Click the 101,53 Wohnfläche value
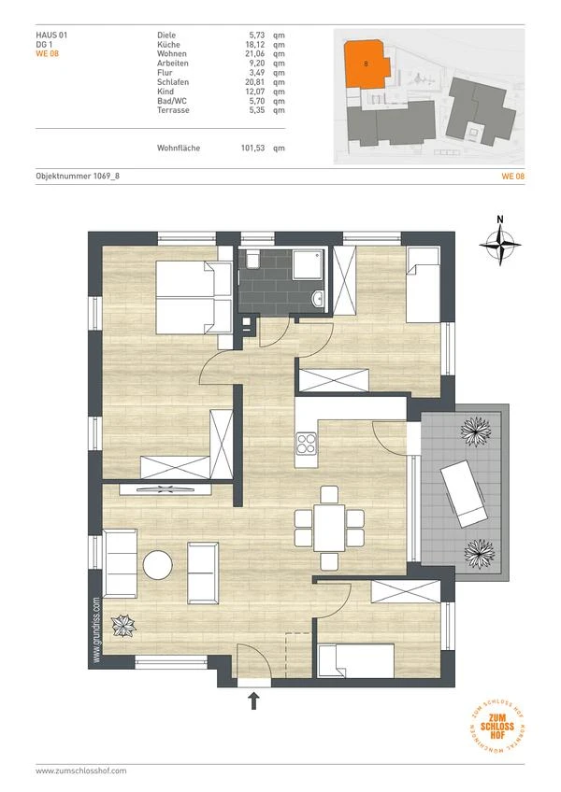tap(252, 148)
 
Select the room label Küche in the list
tap(168, 45)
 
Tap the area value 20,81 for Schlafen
tap(254, 82)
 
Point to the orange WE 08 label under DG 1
tap(47, 53)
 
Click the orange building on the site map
tap(366, 64)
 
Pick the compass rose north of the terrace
tap(500, 246)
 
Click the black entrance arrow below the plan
tap(254, 701)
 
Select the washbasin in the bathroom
tap(319, 298)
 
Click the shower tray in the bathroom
tap(308, 264)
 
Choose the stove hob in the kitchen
tap(306, 445)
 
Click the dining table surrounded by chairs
tap(329, 528)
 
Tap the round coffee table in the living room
tap(158, 565)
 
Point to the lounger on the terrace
tap(464, 493)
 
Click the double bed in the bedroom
tap(194, 298)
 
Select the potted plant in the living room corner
tap(123, 626)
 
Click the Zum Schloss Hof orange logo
tap(497, 727)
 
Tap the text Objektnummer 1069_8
tap(78, 176)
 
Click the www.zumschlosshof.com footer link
tap(81, 771)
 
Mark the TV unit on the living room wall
tap(165, 489)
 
